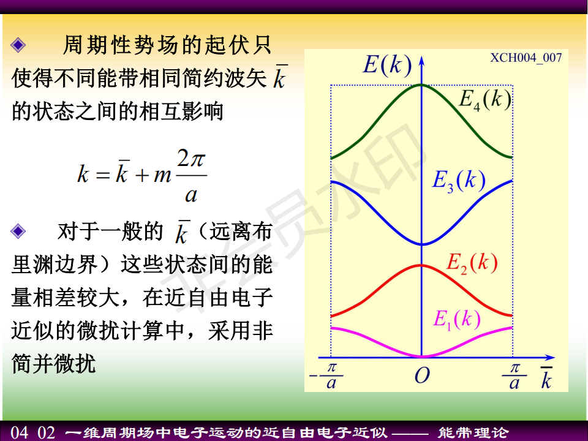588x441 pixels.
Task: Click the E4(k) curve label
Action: pos(486,100)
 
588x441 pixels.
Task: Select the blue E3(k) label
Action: pos(459,181)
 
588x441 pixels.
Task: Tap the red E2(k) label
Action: pos(472,263)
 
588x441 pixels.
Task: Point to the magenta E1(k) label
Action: pos(457,320)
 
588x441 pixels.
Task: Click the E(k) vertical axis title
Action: pos(388,66)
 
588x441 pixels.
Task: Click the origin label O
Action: pos(422,375)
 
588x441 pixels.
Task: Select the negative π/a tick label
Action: pos(326,375)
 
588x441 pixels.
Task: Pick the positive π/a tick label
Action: pos(514,375)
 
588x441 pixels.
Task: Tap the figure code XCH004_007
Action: pos(526,58)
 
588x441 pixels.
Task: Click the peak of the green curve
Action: pos(421,85)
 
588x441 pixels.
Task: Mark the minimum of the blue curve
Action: pos(422,244)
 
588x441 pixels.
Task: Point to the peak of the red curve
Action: pos(421,265)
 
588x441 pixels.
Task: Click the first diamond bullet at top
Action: pos(18,45)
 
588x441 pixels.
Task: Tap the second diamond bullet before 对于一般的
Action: pos(18,231)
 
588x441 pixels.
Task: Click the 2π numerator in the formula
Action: pos(191,159)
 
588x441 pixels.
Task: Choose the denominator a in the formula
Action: pos(191,195)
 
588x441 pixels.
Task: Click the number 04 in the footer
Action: pos(19,432)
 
